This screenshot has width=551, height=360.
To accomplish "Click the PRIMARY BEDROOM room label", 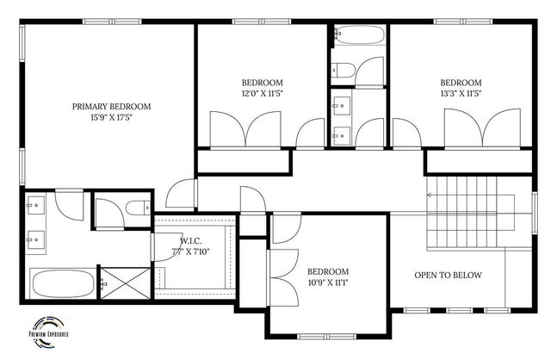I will click(111, 107).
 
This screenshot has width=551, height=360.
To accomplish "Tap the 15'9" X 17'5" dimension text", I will click(111, 118).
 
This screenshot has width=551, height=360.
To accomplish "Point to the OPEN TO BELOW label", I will click(448, 276).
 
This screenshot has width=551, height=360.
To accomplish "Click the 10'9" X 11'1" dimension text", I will click(328, 281).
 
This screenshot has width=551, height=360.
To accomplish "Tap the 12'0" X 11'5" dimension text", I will click(262, 94).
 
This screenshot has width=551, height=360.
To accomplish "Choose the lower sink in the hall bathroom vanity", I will click(341, 133).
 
